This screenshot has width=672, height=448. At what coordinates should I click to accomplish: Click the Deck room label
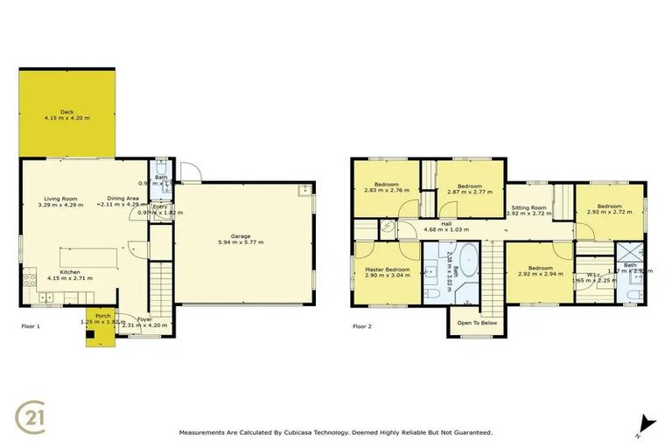pyautogui.click(x=66, y=112)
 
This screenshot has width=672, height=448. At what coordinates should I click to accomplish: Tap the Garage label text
pyautogui.click(x=241, y=236)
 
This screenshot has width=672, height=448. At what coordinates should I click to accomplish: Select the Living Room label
pyautogui.click(x=60, y=199)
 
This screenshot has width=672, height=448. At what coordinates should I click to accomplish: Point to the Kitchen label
pyautogui.click(x=71, y=272)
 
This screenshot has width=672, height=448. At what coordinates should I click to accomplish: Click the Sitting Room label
pyautogui.click(x=528, y=207)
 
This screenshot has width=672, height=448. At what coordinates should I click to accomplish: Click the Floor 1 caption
pyautogui.click(x=31, y=325)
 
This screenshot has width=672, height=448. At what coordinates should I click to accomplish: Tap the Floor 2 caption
pyautogui.click(x=362, y=325)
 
